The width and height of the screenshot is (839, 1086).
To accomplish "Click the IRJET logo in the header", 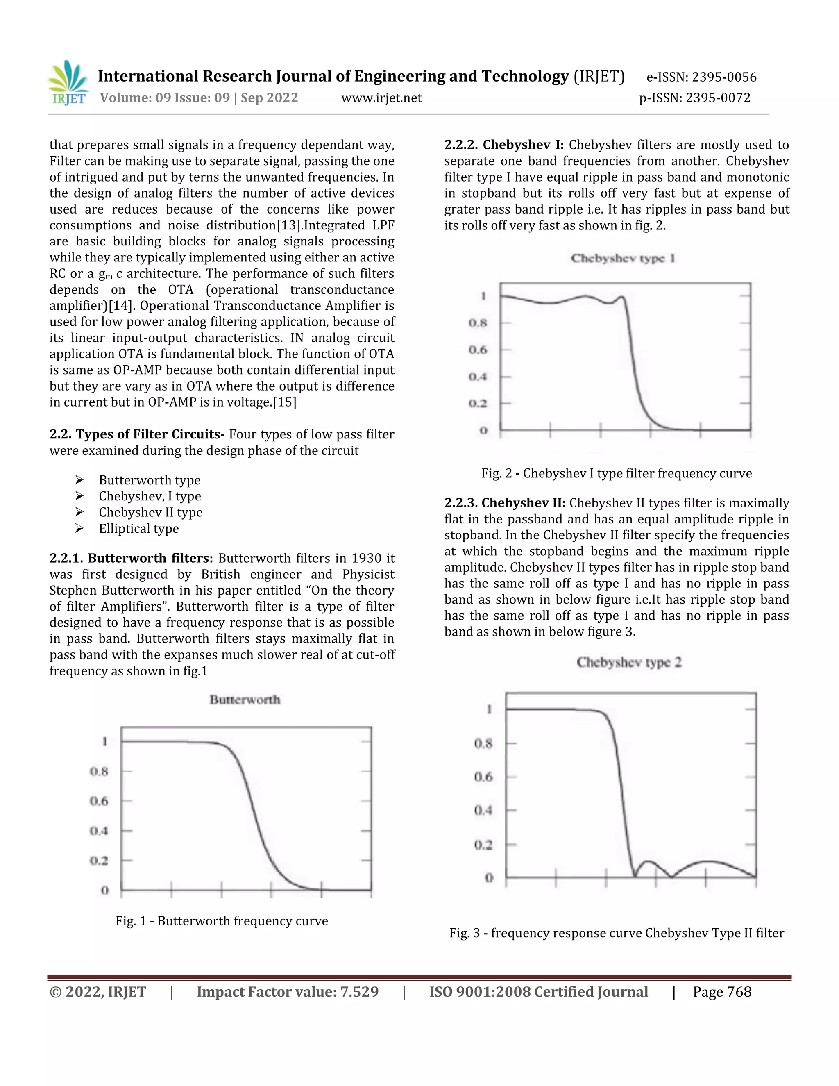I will point(68,83).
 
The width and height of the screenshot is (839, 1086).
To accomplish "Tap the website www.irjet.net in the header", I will point(381,98).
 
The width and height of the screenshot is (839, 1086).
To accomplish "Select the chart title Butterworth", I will point(245,700).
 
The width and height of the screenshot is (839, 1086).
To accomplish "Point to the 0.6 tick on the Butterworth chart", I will point(99,801).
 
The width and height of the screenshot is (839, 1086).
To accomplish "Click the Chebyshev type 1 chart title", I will point(623,258).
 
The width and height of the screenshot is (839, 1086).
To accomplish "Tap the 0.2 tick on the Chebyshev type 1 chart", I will point(478,403).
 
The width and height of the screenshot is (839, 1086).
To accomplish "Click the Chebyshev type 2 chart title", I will point(629,662).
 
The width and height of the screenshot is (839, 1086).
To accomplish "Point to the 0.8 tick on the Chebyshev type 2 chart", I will point(483,743).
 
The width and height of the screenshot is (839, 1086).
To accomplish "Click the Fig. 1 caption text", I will point(222,921).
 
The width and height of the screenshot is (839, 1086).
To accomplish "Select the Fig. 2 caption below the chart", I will point(616,473).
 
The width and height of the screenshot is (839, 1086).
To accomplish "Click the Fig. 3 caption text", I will point(616,933).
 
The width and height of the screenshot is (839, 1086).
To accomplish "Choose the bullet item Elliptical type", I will point(139,529).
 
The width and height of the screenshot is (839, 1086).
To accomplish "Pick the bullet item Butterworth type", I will point(150,480).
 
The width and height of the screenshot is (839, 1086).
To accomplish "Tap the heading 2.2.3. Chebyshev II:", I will point(504,503).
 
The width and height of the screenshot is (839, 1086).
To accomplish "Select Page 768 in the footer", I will point(722,992).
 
